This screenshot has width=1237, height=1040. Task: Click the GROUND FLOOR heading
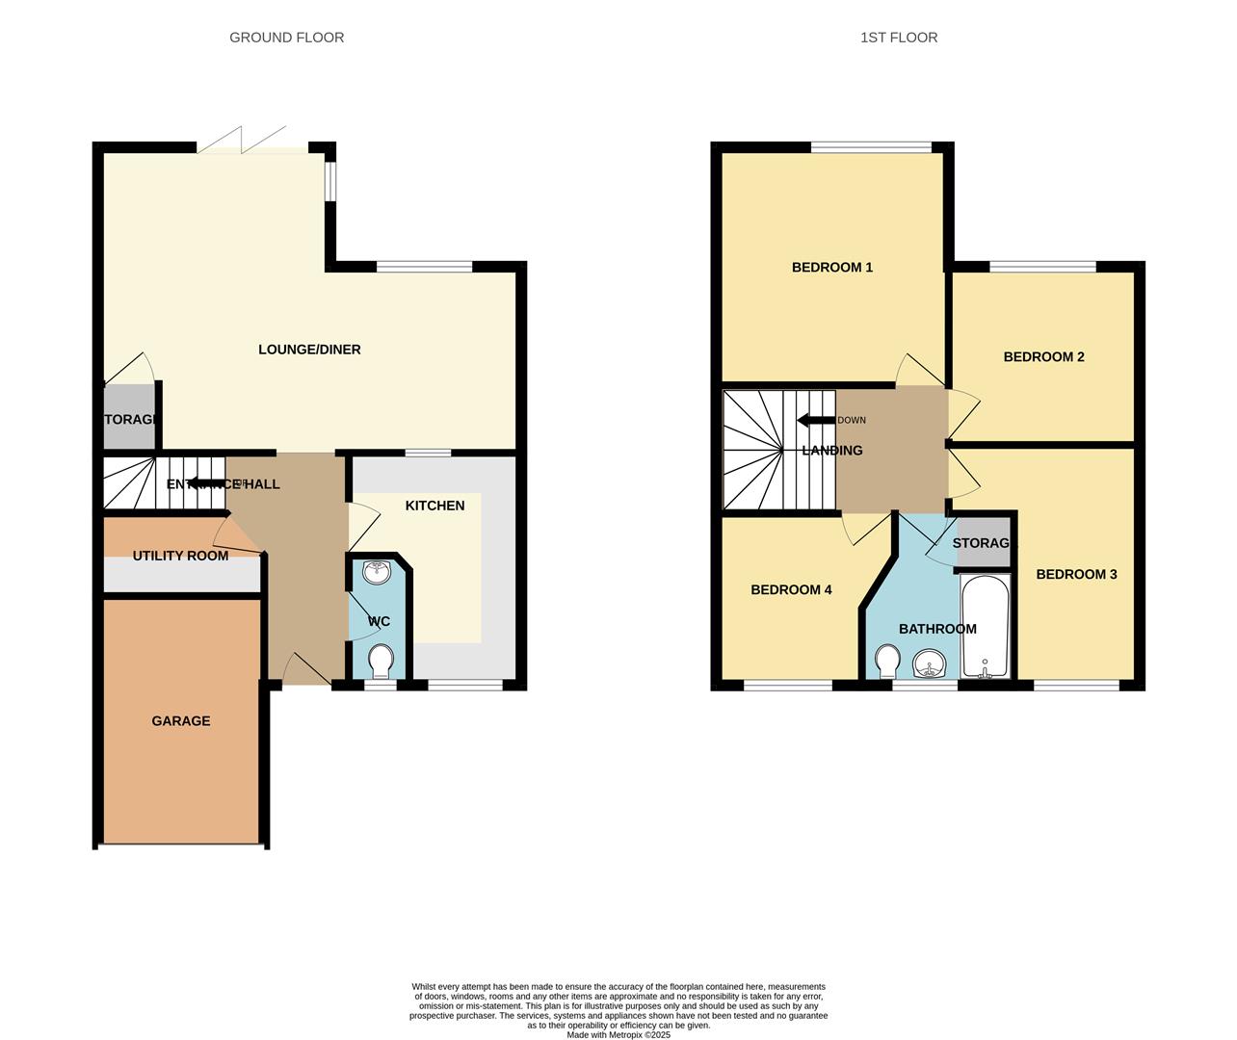pos(286,38)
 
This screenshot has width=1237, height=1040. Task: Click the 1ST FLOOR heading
pos(898,38)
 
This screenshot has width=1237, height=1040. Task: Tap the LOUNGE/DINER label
pos(309,350)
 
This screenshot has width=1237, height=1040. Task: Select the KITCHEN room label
pos(434,506)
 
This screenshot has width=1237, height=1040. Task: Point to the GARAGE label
pos(181,720)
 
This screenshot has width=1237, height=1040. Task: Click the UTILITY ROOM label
pos(180,556)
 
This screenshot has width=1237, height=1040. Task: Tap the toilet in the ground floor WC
pos(381,662)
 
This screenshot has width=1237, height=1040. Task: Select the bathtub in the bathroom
pos(985,626)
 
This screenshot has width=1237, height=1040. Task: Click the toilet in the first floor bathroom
pos(887,661)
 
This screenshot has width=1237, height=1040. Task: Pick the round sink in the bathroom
pos(930,663)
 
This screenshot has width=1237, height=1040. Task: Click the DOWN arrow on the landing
pos(816,420)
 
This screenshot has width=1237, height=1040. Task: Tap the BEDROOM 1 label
pos(832,267)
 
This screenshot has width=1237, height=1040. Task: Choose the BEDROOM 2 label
pos(1043,356)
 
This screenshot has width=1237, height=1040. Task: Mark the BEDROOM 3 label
pos(1076,574)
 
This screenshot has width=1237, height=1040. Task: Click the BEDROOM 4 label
pos(791,589)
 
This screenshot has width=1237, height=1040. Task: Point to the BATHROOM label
pos(937,629)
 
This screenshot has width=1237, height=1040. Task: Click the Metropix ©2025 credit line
pos(618,1035)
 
